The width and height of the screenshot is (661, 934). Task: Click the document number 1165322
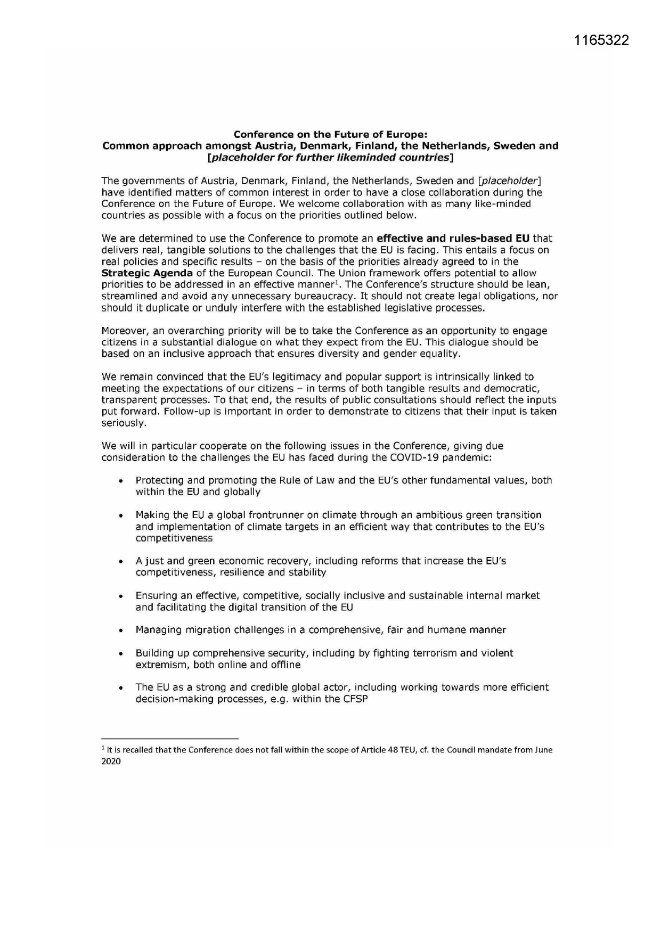coord(602,40)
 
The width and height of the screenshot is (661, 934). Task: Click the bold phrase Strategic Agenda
coord(147,273)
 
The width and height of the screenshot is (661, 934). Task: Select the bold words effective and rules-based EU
coord(453,239)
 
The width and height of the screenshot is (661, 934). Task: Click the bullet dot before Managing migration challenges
coord(122,630)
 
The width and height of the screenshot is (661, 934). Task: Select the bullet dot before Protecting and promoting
coord(122,481)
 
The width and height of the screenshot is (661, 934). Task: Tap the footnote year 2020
coord(111,761)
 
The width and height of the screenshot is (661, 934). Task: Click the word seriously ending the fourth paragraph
coord(123,423)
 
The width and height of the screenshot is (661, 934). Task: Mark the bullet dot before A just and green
coord(122,561)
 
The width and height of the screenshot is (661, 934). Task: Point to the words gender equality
coord(421,354)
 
